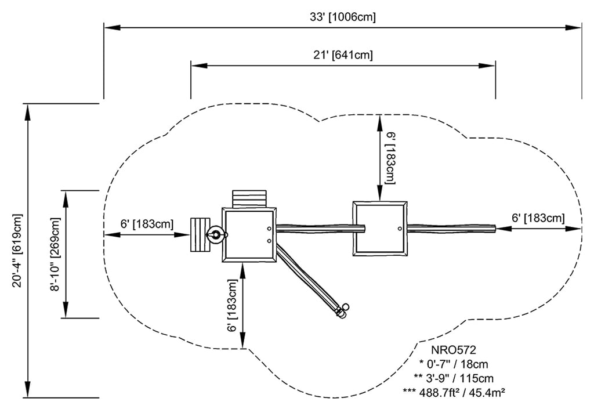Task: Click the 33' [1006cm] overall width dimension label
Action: pos(342,17)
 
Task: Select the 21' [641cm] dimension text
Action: pos(342,56)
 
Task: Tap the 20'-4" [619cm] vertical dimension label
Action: pos(18,251)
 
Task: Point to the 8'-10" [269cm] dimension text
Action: pos(55,254)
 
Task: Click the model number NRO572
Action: pos(453,350)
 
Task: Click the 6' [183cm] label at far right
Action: pos(538,218)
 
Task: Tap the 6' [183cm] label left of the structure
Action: pos(147,224)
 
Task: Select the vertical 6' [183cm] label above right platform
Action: pos(390,158)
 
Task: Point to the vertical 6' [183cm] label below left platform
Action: pos(233,305)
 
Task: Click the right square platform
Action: pos(380,228)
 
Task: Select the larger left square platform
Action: pos(249,235)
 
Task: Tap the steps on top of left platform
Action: pos(249,198)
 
